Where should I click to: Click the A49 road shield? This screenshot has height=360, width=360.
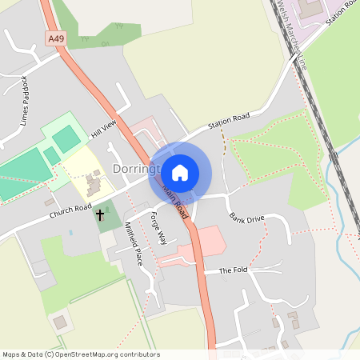tap(55, 38)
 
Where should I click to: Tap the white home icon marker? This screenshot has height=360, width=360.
tap(180, 172)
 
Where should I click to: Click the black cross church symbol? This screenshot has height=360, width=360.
tap(101, 214)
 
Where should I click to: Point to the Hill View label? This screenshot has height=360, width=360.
tap(104, 127)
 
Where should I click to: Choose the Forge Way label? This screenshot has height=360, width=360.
tap(158, 227)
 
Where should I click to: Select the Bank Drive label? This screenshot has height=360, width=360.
tap(246, 218)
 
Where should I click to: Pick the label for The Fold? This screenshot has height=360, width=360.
tap(234, 270)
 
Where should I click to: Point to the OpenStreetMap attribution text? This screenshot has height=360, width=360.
tap(81, 354)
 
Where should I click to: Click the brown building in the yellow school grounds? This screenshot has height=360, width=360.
tap(93, 186)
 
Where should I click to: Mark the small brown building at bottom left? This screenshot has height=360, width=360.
tap(59, 322)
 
